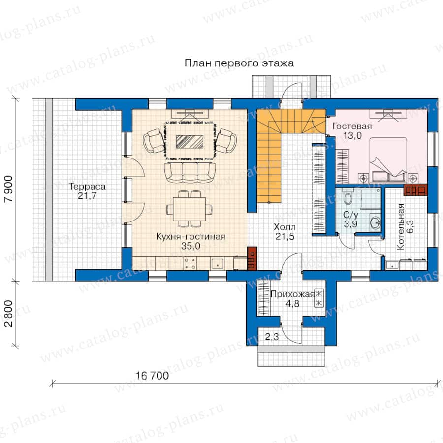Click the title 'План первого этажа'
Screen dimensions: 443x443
(x=239, y=63)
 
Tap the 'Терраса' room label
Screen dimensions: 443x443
(x=87, y=187)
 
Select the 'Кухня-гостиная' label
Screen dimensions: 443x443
(x=190, y=236)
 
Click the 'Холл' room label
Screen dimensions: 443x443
(x=285, y=227)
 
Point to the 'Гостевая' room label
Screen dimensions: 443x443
(x=352, y=126)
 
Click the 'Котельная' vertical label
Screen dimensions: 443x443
(x=400, y=226)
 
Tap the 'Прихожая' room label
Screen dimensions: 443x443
(x=292, y=294)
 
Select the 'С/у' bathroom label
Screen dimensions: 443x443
(x=350, y=215)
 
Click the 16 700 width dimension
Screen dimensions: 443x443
(x=152, y=376)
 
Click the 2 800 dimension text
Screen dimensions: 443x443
(x=9, y=314)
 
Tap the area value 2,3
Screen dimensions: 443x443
(x=272, y=337)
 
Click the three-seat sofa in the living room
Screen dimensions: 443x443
(x=190, y=172)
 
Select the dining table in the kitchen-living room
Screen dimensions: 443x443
(x=190, y=209)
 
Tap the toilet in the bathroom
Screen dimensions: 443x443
(x=348, y=197)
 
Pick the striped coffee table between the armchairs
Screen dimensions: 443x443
(x=190, y=142)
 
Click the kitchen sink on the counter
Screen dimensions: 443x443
(x=218, y=263)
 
